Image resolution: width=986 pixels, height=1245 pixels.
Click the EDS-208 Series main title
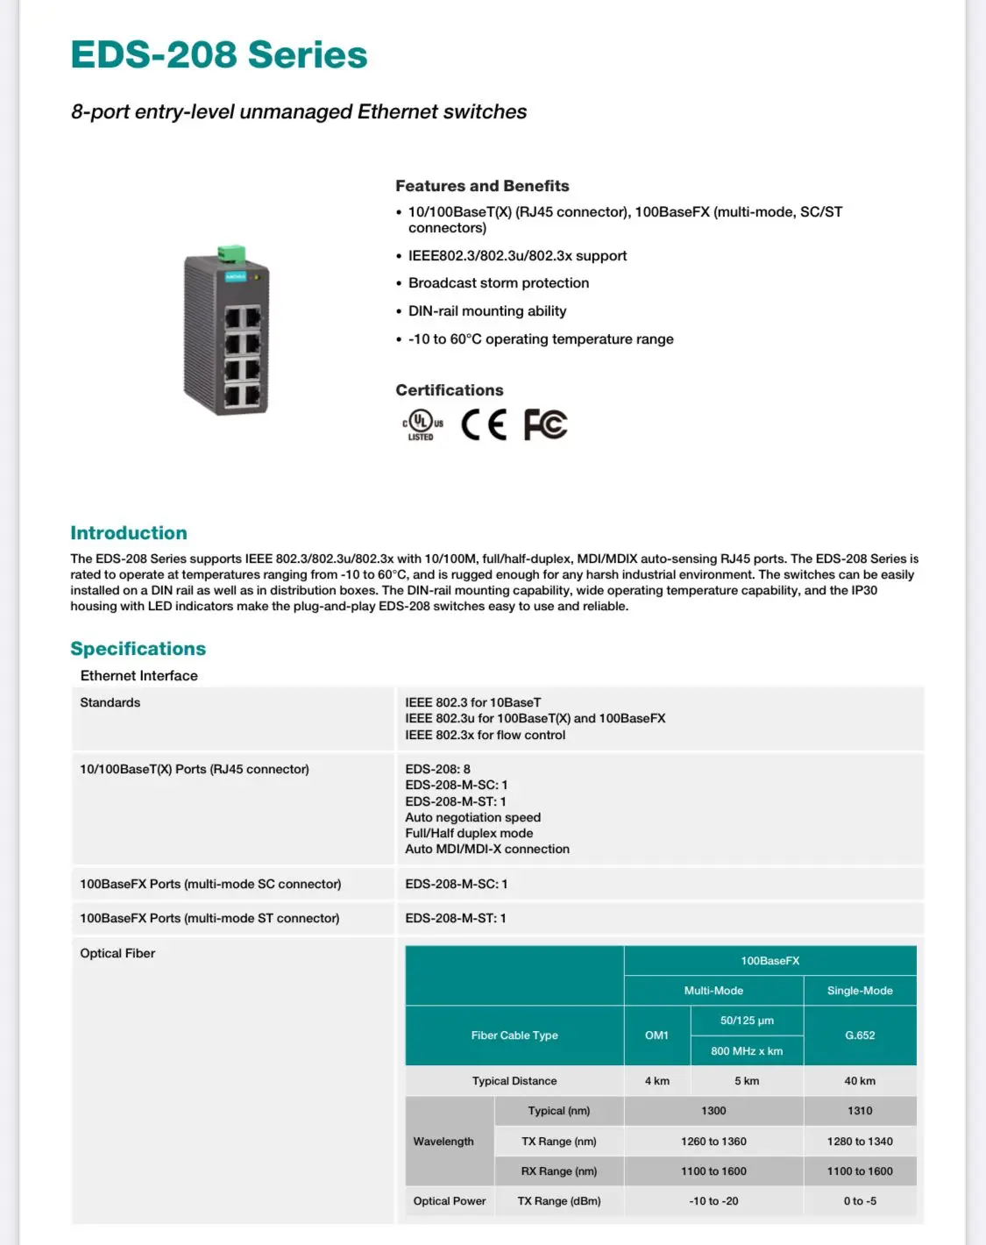pyautogui.click(x=218, y=54)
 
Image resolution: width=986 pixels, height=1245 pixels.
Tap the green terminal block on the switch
pyautogui.click(x=231, y=253)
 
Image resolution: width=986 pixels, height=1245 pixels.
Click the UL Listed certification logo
pyautogui.click(x=422, y=424)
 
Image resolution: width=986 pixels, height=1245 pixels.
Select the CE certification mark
pyautogui.click(x=484, y=424)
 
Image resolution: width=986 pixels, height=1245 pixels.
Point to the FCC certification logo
pyautogui.click(x=545, y=424)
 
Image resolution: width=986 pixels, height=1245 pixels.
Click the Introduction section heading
pyautogui.click(x=129, y=533)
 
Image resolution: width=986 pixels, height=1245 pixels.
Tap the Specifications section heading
pyautogui.click(x=138, y=649)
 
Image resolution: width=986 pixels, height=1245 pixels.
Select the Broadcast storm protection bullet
pyautogui.click(x=498, y=283)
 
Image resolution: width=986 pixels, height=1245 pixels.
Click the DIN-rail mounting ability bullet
pyautogui.click(x=486, y=311)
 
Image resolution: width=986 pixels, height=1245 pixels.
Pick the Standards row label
pyautogui.click(x=110, y=702)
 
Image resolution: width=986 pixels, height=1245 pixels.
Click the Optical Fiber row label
pyautogui.click(x=117, y=953)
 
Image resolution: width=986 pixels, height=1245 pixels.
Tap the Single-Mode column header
pyautogui.click(x=860, y=991)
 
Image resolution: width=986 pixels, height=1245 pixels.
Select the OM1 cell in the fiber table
pyautogui.click(x=656, y=1035)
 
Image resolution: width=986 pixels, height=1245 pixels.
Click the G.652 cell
pyautogui.click(x=860, y=1035)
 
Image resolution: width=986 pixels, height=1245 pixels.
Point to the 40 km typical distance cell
pyautogui.click(x=860, y=1081)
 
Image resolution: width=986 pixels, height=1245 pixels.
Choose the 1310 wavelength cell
pyautogui.click(x=860, y=1111)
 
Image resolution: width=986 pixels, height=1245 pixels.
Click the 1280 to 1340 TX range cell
pyautogui.click(x=860, y=1142)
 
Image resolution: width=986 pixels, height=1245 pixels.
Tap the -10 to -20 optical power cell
pyautogui.click(x=713, y=1201)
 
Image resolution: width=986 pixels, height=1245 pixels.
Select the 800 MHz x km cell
pyautogui.click(x=747, y=1051)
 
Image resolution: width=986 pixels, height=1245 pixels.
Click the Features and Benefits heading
pyautogui.click(x=482, y=186)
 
